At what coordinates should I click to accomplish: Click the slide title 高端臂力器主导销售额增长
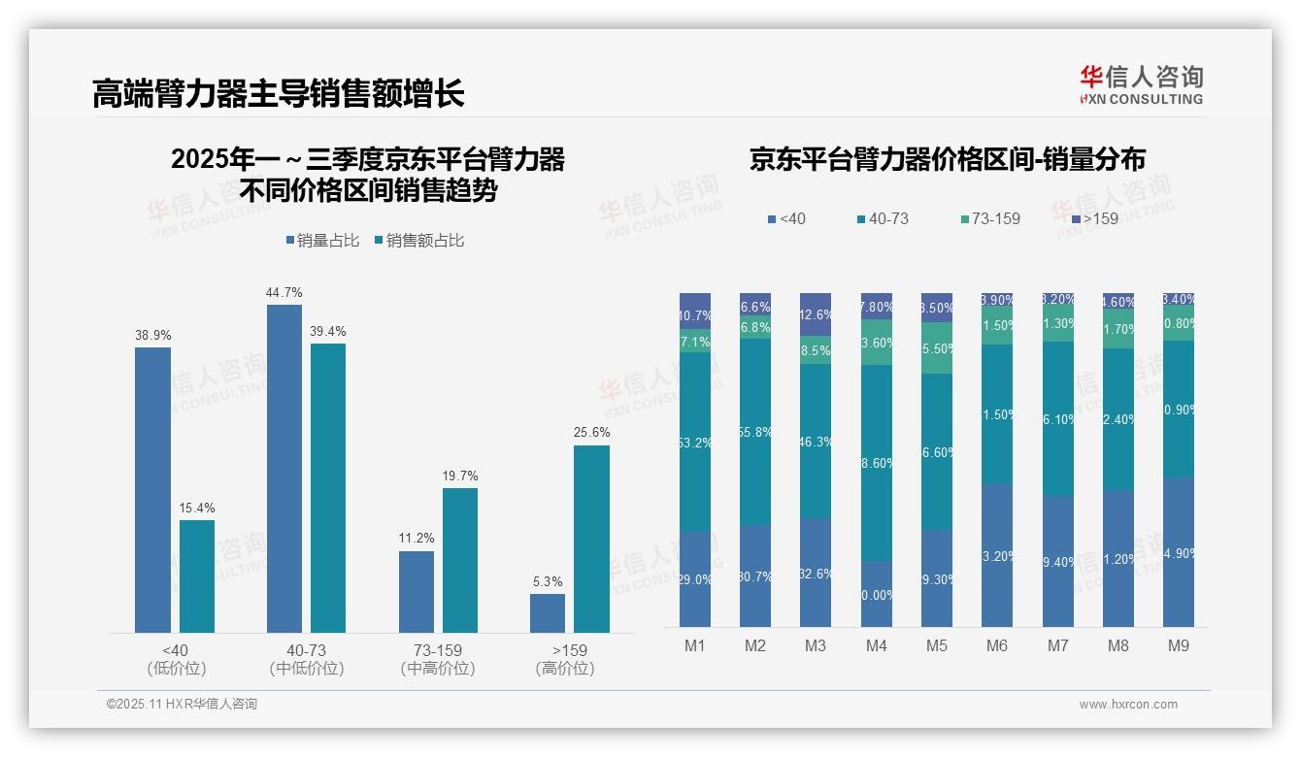[x=279, y=93]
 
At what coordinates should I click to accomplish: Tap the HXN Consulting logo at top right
[x=1141, y=85]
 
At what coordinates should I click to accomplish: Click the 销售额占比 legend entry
[x=419, y=241]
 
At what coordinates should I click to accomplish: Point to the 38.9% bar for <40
[x=152, y=490]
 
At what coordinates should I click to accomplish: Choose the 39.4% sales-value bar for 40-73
[x=328, y=488]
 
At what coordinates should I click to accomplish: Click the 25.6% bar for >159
[x=591, y=540]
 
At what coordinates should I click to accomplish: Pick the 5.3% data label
[x=548, y=581]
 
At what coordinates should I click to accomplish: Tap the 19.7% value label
[x=460, y=476]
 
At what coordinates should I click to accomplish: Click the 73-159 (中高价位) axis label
[x=438, y=659]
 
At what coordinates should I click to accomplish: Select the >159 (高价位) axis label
[x=564, y=659]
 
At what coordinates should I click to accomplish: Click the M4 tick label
[x=876, y=645]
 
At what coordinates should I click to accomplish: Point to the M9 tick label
[x=1178, y=645]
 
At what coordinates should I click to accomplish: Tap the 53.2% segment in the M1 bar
[x=695, y=442]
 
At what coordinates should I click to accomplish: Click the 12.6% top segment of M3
[x=816, y=314]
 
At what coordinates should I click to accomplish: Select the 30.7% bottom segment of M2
[x=755, y=576]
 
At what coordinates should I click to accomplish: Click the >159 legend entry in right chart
[x=1094, y=219]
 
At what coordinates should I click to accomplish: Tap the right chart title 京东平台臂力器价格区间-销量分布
[x=947, y=159]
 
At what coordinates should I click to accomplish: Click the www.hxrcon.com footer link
[x=1128, y=705]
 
